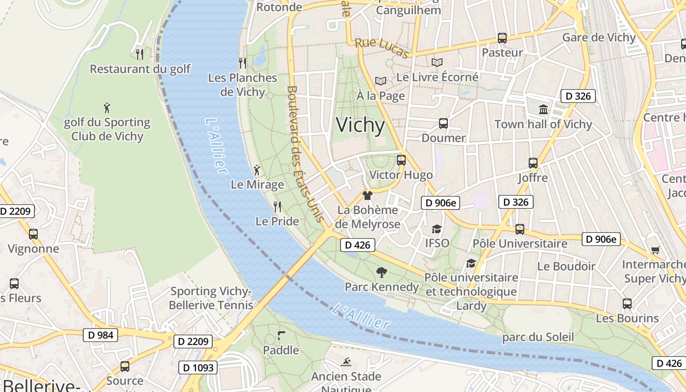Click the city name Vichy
(x=360, y=125)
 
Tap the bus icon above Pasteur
(x=502, y=38)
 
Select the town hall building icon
(x=543, y=109)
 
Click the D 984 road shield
(x=100, y=335)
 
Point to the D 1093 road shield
(x=197, y=367)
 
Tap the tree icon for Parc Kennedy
(x=381, y=272)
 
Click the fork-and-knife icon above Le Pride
(x=277, y=206)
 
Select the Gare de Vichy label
(x=599, y=38)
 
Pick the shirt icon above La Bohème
(x=367, y=195)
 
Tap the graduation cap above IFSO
(x=436, y=229)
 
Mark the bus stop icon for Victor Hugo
(x=401, y=160)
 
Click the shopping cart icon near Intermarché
(x=655, y=250)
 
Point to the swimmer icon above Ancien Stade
(x=346, y=362)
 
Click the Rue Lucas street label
(x=381, y=48)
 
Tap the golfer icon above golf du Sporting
(x=107, y=107)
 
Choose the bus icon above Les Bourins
(x=627, y=303)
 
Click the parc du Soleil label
(x=538, y=338)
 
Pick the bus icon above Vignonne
(x=33, y=234)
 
